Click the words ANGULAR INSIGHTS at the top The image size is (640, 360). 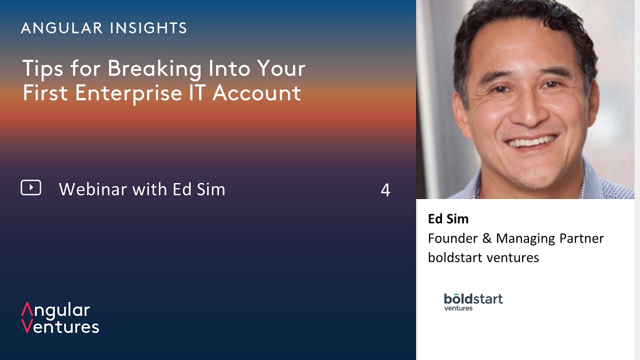click(x=104, y=28)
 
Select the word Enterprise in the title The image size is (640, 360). click(x=128, y=93)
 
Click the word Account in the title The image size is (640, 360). click(x=256, y=93)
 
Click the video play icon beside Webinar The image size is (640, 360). click(x=31, y=187)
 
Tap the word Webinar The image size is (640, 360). click(x=93, y=189)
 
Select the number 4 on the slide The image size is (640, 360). click(x=385, y=190)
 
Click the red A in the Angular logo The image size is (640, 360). click(x=27, y=309)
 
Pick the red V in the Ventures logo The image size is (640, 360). click(x=26, y=326)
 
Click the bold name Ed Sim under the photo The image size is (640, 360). click(x=448, y=219)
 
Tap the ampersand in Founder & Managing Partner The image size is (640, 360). click(x=486, y=238)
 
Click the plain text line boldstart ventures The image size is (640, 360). click(x=483, y=257)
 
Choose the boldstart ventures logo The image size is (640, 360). click(x=473, y=301)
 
